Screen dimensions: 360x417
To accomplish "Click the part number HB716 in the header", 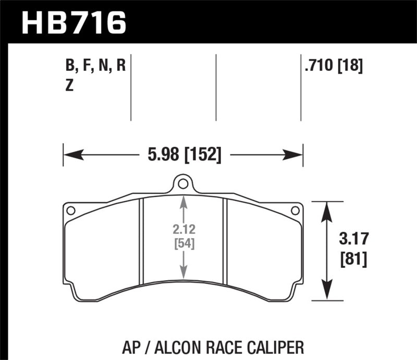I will pos(73,21).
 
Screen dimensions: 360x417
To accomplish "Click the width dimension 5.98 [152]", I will pos(183,154).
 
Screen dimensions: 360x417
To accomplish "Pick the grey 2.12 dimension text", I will pos(183,229).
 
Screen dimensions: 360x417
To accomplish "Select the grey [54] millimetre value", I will pos(183,243).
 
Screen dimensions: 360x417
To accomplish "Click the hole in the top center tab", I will pos(182,183).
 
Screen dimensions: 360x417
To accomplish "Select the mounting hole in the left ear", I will pos(71,210).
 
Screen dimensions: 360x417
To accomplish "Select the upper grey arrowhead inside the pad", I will pos(183,201).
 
